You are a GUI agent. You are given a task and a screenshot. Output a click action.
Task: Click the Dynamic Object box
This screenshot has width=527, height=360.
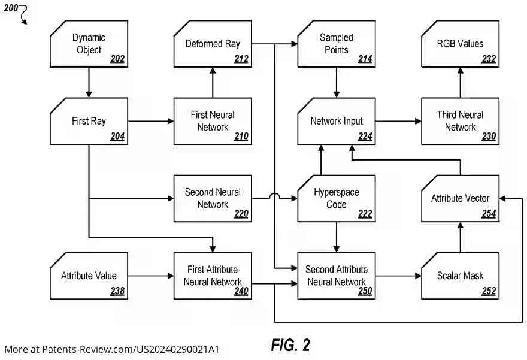(89, 43)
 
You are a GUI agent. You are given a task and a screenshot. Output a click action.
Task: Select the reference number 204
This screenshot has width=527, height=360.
(117, 137)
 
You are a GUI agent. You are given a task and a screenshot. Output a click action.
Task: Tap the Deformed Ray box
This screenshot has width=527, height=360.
(213, 43)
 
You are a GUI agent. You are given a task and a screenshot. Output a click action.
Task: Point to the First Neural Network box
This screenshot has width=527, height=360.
(213, 121)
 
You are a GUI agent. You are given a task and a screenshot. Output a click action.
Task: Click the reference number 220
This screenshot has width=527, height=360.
(241, 214)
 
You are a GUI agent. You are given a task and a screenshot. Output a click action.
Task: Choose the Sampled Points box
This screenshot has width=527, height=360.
(336, 43)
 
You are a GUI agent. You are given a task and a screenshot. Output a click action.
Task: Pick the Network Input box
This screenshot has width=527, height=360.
(336, 121)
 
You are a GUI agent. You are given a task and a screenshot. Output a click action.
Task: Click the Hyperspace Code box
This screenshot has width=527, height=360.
(336, 198)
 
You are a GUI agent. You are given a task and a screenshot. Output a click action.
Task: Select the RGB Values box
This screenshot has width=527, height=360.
(460, 43)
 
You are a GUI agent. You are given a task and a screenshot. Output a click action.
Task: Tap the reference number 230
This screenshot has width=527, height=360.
(489, 137)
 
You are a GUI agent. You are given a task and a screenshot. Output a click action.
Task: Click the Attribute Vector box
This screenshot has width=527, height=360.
(460, 198)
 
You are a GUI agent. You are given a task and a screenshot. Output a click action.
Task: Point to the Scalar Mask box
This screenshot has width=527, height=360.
(460, 276)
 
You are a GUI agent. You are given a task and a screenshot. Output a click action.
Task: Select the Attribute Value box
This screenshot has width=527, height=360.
(89, 276)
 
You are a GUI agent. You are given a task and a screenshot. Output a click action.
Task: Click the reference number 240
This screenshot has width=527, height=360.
(241, 292)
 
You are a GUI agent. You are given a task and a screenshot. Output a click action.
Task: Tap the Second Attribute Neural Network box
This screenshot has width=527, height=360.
(336, 276)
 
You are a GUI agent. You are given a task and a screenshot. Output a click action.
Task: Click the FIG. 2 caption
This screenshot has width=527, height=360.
(290, 345)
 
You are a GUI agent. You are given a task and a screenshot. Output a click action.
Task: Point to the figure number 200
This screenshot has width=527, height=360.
(11, 8)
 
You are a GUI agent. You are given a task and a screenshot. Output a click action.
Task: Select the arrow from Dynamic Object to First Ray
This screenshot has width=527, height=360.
(89, 82)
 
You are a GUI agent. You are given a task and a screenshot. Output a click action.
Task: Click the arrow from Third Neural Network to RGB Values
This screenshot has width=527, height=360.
(460, 82)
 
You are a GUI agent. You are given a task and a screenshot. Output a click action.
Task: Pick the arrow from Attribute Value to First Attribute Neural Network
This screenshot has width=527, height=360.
(150, 276)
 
